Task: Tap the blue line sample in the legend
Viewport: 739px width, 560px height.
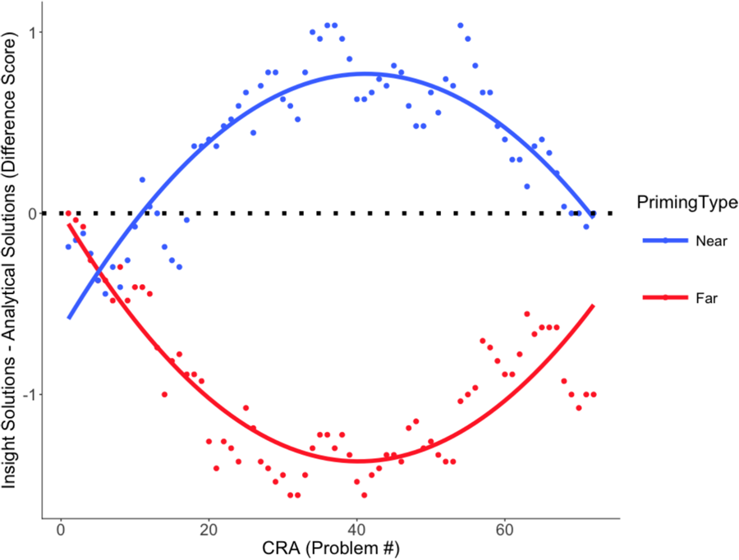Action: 664,241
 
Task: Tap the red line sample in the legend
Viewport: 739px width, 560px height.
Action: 664,298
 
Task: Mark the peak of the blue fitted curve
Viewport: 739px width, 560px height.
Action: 364,73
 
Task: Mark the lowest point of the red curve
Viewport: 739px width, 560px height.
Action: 356,461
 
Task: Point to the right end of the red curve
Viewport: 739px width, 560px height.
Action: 593,305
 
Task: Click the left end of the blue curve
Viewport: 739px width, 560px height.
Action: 69,318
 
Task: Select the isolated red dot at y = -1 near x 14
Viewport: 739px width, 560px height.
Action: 164,394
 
